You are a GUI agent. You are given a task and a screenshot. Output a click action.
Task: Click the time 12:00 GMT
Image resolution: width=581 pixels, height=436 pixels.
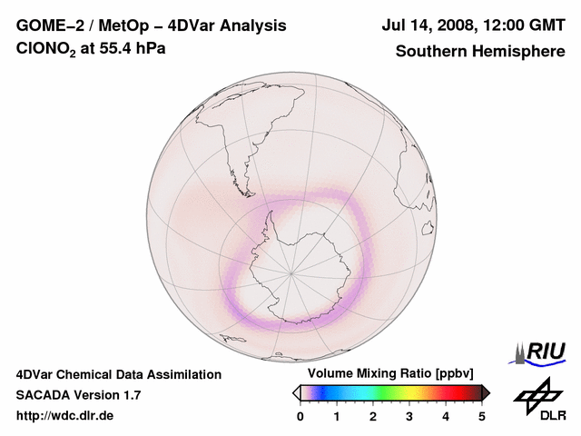(x=527, y=25)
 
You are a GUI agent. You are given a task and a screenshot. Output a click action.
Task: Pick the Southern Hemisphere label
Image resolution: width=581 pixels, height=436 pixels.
(x=480, y=51)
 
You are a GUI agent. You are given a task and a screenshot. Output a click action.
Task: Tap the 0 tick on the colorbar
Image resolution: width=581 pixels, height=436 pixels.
(x=300, y=416)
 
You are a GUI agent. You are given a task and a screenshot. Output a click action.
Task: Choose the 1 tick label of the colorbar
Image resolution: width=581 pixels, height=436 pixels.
(x=337, y=416)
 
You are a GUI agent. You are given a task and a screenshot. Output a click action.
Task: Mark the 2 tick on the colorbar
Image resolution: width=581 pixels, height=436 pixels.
(x=373, y=416)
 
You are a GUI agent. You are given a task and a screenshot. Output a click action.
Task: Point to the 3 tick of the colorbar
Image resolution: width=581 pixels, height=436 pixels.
(x=409, y=416)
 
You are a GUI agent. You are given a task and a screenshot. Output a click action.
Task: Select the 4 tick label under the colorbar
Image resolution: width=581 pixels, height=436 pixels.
(x=446, y=416)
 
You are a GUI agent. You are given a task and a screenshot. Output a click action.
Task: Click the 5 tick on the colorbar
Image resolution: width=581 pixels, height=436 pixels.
(x=482, y=416)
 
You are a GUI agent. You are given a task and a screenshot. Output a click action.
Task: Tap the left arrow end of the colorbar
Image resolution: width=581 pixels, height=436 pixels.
(x=296, y=392)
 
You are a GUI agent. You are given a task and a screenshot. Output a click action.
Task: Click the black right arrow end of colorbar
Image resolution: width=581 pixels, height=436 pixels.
(x=487, y=392)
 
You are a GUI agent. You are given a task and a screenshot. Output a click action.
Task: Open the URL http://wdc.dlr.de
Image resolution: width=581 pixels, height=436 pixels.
(x=65, y=416)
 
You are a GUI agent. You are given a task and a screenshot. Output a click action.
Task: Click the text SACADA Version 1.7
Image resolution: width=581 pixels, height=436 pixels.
(x=78, y=395)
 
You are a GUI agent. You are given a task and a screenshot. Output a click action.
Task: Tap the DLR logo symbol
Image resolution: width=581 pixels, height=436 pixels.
(x=537, y=392)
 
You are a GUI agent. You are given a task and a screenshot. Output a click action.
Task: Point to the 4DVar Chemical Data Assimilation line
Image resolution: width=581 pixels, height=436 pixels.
(x=119, y=374)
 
